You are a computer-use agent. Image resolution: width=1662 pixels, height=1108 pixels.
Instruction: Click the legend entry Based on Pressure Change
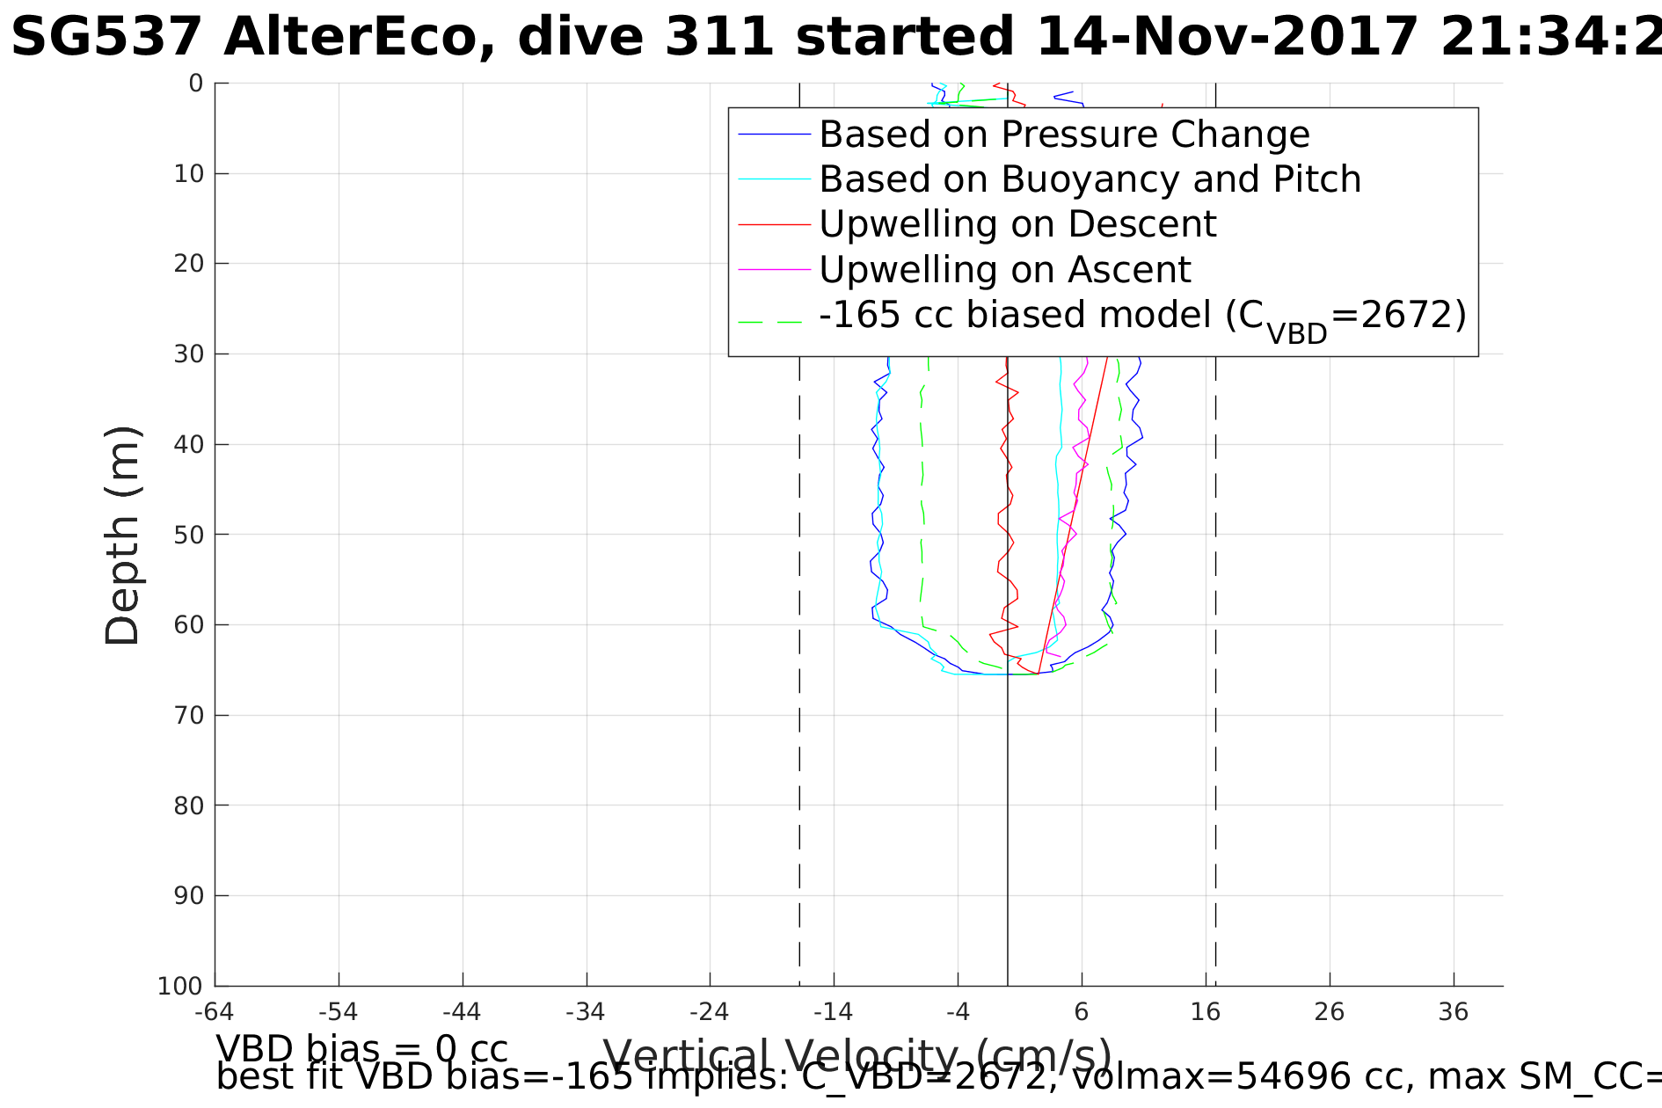coord(1064,135)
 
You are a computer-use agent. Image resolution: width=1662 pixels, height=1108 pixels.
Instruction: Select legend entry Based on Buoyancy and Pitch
coord(1090,179)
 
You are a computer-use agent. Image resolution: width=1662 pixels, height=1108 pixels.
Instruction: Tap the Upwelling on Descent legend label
coord(1017,224)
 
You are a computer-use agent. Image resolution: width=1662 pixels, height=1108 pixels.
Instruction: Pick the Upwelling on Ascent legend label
coord(1004,269)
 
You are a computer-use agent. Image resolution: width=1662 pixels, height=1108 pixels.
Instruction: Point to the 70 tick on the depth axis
coord(189,716)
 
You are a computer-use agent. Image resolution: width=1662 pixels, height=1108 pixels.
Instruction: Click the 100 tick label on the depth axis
coord(180,987)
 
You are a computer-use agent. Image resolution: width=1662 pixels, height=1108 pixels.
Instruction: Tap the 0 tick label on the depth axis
coord(195,84)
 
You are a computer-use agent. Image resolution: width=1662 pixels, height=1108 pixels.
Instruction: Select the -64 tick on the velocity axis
coord(214,1012)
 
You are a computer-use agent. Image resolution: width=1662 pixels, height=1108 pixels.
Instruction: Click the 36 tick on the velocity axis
coord(1454,1012)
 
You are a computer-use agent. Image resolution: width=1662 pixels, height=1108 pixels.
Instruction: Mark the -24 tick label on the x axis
coord(710,1012)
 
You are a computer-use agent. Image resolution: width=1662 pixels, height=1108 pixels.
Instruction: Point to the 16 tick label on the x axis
coord(1206,1012)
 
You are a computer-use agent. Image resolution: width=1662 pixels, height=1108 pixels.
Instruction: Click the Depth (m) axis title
coord(122,536)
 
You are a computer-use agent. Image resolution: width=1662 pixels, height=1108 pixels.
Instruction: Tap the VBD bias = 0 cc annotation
coord(361,1049)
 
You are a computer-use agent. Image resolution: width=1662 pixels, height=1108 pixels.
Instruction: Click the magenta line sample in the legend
coord(774,269)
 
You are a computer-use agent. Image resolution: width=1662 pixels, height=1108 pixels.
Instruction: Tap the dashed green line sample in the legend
coord(774,322)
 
